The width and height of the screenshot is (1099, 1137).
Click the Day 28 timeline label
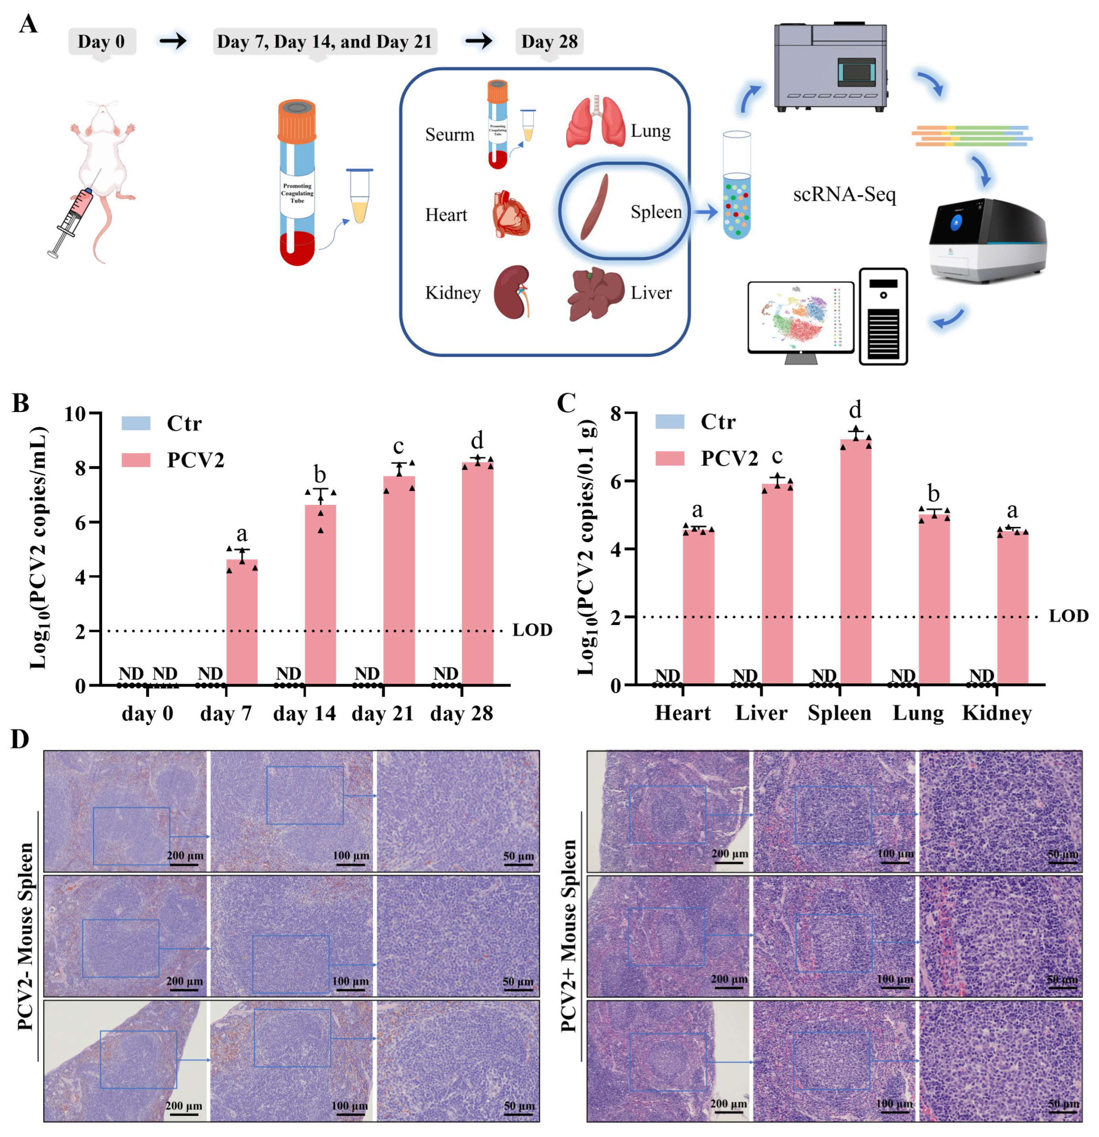[x=549, y=42]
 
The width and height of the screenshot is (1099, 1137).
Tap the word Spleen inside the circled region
[x=656, y=212]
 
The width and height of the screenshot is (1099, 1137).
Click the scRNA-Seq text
[x=844, y=194]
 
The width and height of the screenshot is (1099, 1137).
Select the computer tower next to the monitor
[x=883, y=316]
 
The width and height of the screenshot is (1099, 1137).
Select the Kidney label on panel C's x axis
[x=997, y=713]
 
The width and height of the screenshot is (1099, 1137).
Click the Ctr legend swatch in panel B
[x=136, y=423]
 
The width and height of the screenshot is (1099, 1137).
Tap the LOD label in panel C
[x=1068, y=616]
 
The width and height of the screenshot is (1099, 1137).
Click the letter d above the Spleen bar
[x=855, y=410]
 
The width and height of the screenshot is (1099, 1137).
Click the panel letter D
[x=20, y=740]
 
